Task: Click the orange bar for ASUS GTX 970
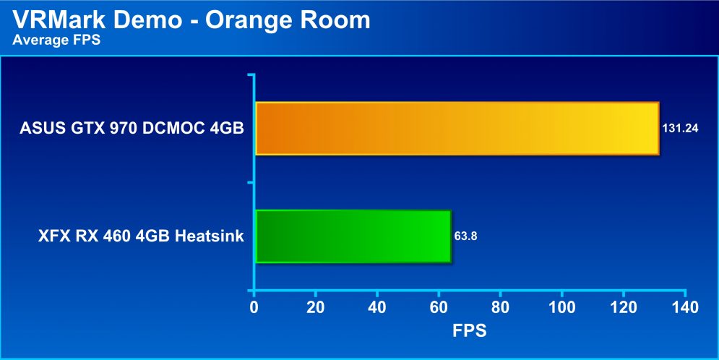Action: (x=457, y=129)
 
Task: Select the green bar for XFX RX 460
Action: (x=353, y=236)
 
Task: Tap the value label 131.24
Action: (x=680, y=129)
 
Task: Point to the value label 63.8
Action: (x=465, y=236)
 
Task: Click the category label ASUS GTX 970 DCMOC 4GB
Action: (x=132, y=129)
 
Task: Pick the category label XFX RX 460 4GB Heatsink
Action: (x=141, y=236)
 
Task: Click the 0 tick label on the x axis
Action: (x=254, y=307)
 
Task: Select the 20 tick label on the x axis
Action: (x=316, y=307)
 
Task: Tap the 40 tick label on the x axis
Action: (x=377, y=307)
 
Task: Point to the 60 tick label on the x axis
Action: (x=439, y=307)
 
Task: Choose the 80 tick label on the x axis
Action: (x=500, y=307)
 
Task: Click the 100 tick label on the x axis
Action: (x=561, y=307)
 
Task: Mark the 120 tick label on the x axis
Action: (x=624, y=307)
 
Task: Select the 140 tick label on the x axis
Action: (x=685, y=307)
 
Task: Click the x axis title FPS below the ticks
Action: (x=470, y=330)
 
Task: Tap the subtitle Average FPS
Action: (x=56, y=40)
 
